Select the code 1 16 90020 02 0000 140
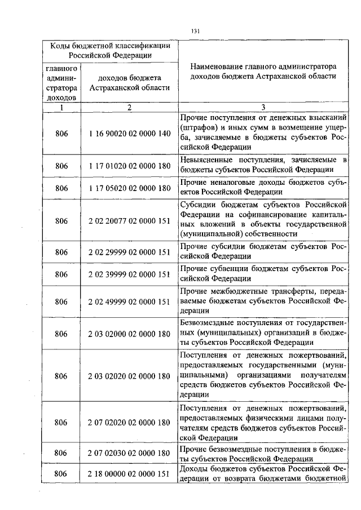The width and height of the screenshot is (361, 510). [x=129, y=133]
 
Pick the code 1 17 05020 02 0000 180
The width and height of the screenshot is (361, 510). [x=129, y=188]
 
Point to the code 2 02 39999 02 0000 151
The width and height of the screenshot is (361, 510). [x=129, y=274]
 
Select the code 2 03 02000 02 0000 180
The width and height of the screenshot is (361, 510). [x=129, y=334]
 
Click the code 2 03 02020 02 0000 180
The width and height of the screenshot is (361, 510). [x=129, y=376]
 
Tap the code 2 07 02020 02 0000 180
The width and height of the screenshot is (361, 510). [x=129, y=422]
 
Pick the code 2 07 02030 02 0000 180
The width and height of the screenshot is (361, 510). [x=129, y=453]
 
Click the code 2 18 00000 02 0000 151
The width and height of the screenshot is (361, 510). [x=129, y=474]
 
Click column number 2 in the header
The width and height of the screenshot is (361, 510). [x=129, y=107]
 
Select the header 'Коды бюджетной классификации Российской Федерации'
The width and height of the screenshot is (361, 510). [x=110, y=50]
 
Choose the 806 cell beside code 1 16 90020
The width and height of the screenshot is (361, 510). [x=61, y=133]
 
